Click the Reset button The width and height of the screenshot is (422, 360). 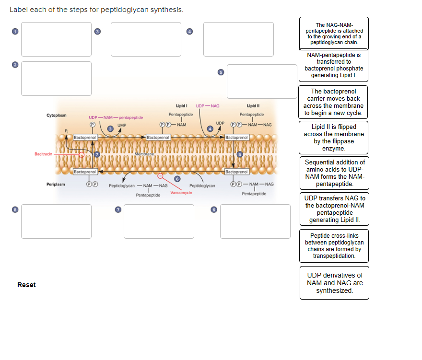26,285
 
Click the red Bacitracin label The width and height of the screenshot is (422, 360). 43,154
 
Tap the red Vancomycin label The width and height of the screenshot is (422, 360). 181,192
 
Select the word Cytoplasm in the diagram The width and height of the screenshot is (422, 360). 57,116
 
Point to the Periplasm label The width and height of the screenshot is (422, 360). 56,184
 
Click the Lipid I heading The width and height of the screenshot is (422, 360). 181,105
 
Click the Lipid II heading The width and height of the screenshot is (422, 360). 253,105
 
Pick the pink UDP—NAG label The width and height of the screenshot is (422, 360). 208,105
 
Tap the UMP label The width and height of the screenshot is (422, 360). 122,125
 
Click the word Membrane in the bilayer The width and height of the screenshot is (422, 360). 144,154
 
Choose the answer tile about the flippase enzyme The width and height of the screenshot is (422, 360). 334,138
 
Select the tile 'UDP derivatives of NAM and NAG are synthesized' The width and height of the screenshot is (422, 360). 334,283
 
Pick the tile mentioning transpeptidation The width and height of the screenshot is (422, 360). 334,246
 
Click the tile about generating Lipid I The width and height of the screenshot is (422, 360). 334,65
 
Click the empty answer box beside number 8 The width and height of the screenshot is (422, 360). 56,221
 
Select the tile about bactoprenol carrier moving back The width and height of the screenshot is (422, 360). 334,102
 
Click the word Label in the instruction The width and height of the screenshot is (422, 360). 19,10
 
